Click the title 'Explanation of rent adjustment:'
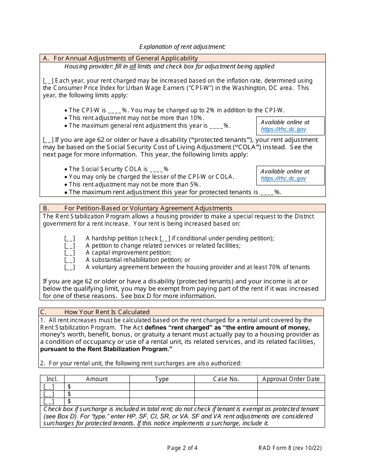(182, 47)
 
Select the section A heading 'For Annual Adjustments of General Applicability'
(126, 58)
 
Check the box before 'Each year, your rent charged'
(48, 81)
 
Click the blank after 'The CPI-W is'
(114, 110)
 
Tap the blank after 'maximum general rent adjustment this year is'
(216, 126)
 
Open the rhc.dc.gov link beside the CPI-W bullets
(284, 130)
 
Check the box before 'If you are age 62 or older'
(48, 140)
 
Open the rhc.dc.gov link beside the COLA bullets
(284, 178)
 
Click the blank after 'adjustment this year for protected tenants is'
(267, 192)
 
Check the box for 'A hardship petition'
(70, 238)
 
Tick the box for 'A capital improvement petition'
(70, 253)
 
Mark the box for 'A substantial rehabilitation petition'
(70, 260)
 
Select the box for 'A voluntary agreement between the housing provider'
(70, 268)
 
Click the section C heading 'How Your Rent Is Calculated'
(107, 312)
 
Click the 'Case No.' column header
(226, 379)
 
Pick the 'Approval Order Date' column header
(291, 379)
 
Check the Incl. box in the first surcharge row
(49, 387)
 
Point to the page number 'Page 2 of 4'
(182, 448)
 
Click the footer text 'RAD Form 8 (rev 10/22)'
(290, 448)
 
